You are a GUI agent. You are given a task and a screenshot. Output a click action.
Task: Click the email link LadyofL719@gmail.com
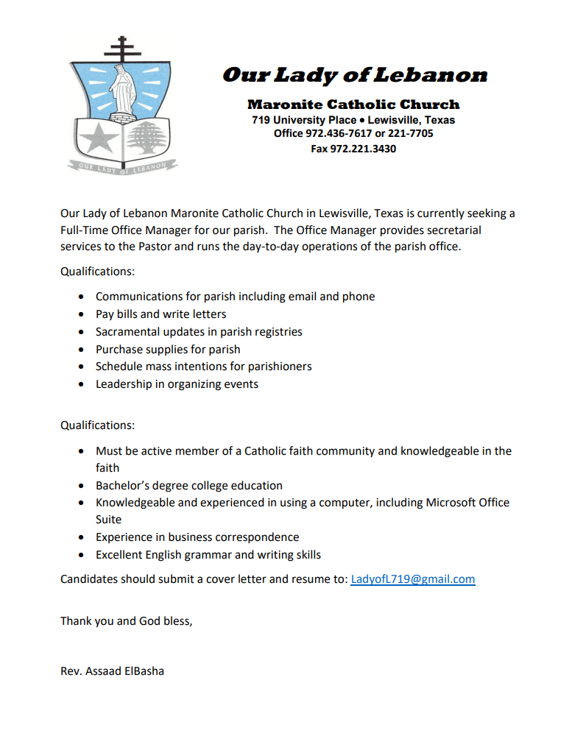(412, 579)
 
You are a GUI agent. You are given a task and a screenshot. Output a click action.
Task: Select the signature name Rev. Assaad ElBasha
(112, 670)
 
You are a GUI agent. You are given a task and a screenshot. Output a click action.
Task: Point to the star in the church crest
(96, 138)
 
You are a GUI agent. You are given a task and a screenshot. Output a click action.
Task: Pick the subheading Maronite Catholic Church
(353, 105)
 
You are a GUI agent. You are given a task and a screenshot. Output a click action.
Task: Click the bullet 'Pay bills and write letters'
(160, 314)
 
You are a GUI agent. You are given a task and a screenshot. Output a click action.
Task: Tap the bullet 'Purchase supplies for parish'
(168, 350)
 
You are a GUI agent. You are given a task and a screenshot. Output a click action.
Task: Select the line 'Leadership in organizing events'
(177, 384)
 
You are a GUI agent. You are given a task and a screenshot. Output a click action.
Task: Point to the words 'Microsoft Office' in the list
(467, 503)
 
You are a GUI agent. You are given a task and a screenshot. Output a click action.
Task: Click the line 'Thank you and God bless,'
(126, 620)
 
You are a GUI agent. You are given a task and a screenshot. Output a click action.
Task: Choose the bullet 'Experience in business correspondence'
(197, 537)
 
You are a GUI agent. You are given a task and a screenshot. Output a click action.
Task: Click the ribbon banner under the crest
(123, 167)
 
